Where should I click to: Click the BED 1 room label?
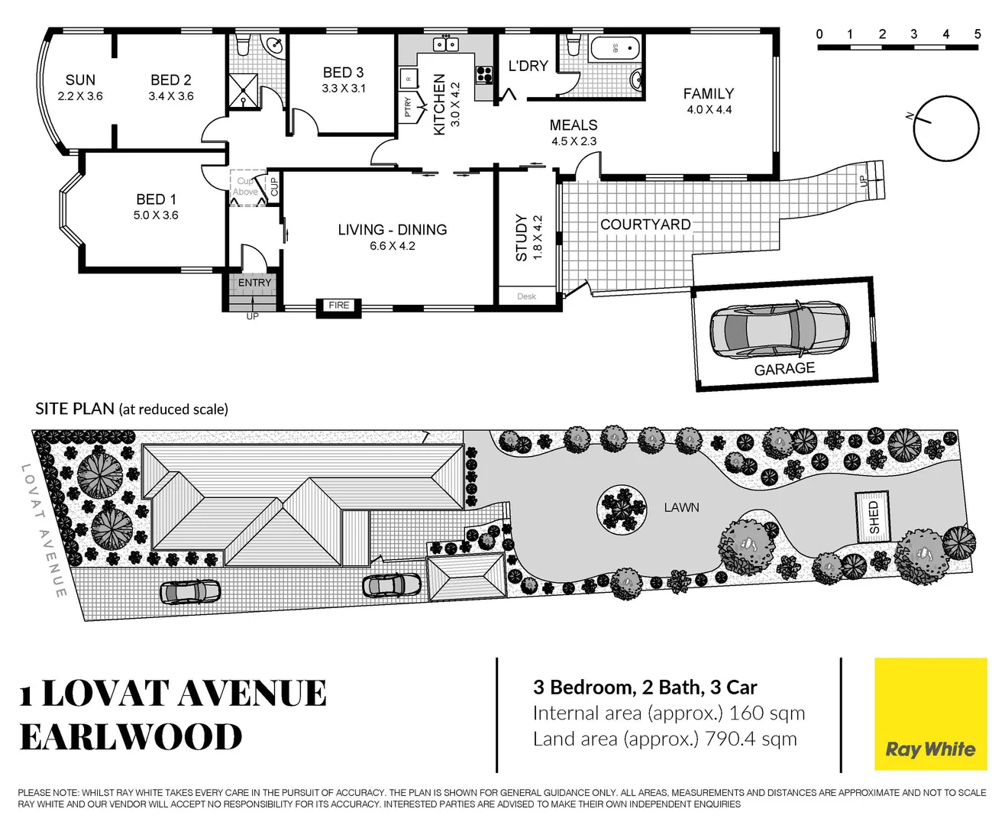pyautogui.click(x=156, y=199)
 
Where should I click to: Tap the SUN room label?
pyautogui.click(x=80, y=80)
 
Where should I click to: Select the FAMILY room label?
pyautogui.click(x=708, y=94)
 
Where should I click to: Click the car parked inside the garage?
pyautogui.click(x=778, y=329)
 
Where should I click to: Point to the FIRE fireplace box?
pyautogui.click(x=338, y=306)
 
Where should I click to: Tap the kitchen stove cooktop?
pyautogui.click(x=484, y=74)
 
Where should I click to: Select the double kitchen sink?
pyautogui.click(x=445, y=44)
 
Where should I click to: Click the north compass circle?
pyautogui.click(x=946, y=128)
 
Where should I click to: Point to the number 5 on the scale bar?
pyautogui.click(x=977, y=34)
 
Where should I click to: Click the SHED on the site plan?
pyautogui.click(x=874, y=518)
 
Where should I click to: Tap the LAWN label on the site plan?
pyautogui.click(x=681, y=507)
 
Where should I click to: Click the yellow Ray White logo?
pyautogui.click(x=930, y=713)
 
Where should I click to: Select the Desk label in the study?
pyautogui.click(x=526, y=296)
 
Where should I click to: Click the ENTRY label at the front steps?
pyautogui.click(x=254, y=283)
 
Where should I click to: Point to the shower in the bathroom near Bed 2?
pyautogui.click(x=244, y=91)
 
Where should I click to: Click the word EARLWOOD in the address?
pyautogui.click(x=131, y=737)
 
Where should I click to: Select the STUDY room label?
pyautogui.click(x=522, y=238)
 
